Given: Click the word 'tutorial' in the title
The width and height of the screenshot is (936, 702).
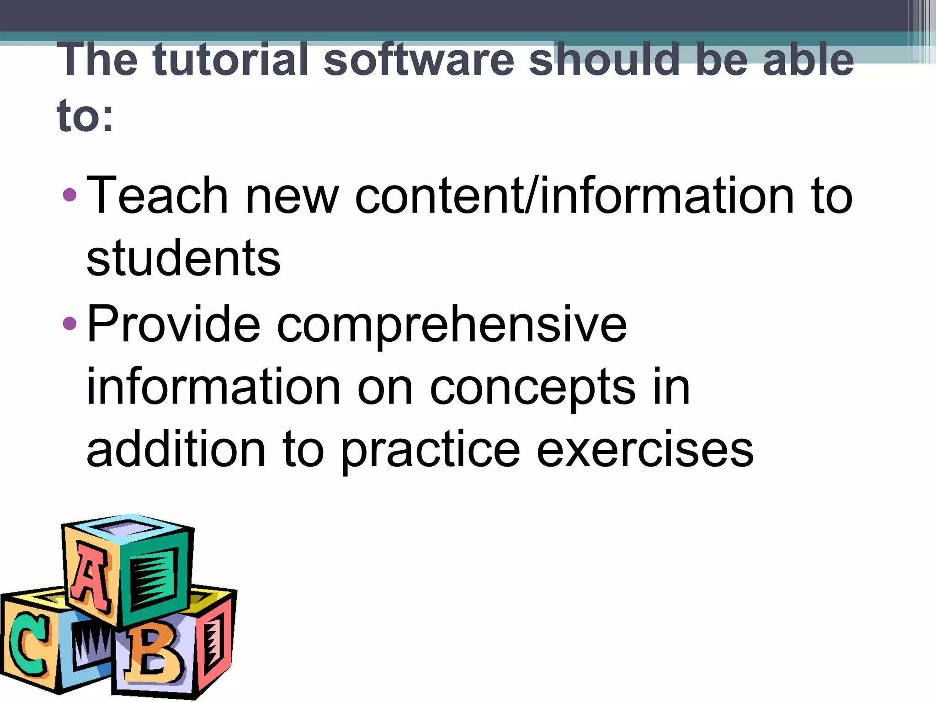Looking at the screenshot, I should (x=231, y=59).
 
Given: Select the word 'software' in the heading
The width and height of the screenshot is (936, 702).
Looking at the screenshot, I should (x=419, y=59).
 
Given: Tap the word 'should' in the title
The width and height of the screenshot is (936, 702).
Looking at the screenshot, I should (x=604, y=59).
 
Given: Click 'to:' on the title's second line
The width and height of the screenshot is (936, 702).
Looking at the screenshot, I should (x=85, y=116).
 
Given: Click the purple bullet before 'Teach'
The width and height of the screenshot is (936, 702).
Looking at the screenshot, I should (x=70, y=195).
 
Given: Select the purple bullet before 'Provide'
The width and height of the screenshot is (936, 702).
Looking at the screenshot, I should (x=70, y=324).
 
